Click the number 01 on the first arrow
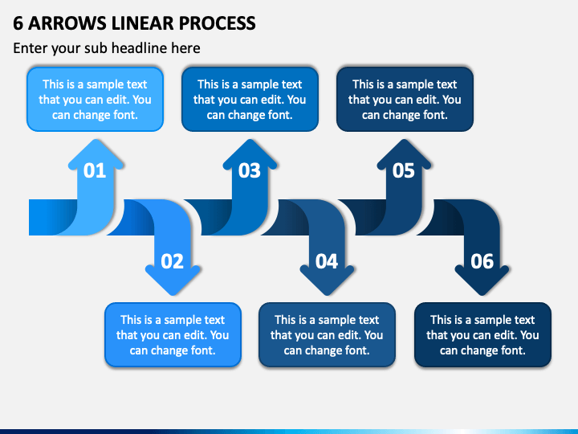pos(95,170)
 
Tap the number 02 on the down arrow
pos(172,261)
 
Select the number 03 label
pos(249,170)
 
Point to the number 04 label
pos(327,261)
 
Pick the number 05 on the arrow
pos(404,170)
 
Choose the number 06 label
pos(482,261)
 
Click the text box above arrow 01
pos(95,100)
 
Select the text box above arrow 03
pos(250,100)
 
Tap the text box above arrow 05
pos(405,100)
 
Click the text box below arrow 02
pos(173,334)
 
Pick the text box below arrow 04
pos(327,334)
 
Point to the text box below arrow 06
pos(483,334)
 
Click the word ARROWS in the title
pos(67,23)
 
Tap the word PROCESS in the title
pos(218,23)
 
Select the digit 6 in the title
pos(18,23)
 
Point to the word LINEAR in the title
pos(143,23)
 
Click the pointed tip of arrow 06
pos(482,295)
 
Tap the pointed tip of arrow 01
pos(96,140)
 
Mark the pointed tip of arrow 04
pos(327,295)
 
